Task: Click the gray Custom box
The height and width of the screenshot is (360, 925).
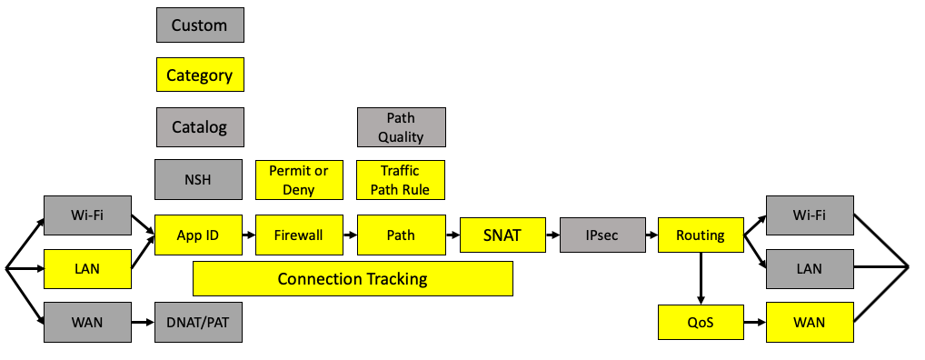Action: pos(200,25)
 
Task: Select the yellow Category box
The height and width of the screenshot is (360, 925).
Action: pos(200,75)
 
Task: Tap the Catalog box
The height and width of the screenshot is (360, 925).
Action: pos(200,127)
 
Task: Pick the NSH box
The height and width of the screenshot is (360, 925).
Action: pos(198,179)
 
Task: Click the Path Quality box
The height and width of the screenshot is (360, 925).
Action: pos(401,127)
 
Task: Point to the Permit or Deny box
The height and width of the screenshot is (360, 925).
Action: pos(299,180)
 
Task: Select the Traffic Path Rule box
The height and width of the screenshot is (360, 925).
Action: pos(401,180)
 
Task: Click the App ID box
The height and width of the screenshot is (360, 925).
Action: pos(198,235)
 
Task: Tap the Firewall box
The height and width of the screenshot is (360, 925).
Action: pos(299,235)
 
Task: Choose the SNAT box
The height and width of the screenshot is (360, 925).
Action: pos(502,235)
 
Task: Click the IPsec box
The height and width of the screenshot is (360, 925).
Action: pos(602,235)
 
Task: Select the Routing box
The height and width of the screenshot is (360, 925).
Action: pos(700,235)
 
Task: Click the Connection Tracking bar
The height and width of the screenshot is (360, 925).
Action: pos(353,278)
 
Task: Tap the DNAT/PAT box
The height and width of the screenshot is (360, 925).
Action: pos(198,322)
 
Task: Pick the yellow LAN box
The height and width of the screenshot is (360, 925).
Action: pos(87,269)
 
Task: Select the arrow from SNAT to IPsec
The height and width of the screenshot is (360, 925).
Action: pos(552,235)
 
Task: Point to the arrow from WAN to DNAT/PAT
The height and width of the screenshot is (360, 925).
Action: pos(142,322)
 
